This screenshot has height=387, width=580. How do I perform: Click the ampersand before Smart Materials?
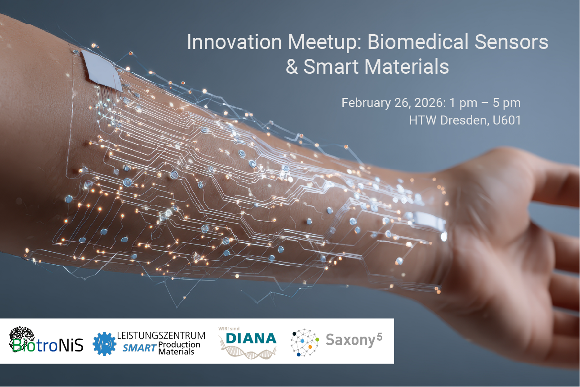(x=292, y=67)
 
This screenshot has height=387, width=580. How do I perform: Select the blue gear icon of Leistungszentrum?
(x=104, y=344)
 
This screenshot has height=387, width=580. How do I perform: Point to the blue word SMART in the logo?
(x=139, y=347)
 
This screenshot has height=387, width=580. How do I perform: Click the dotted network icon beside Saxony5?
(x=304, y=342)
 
